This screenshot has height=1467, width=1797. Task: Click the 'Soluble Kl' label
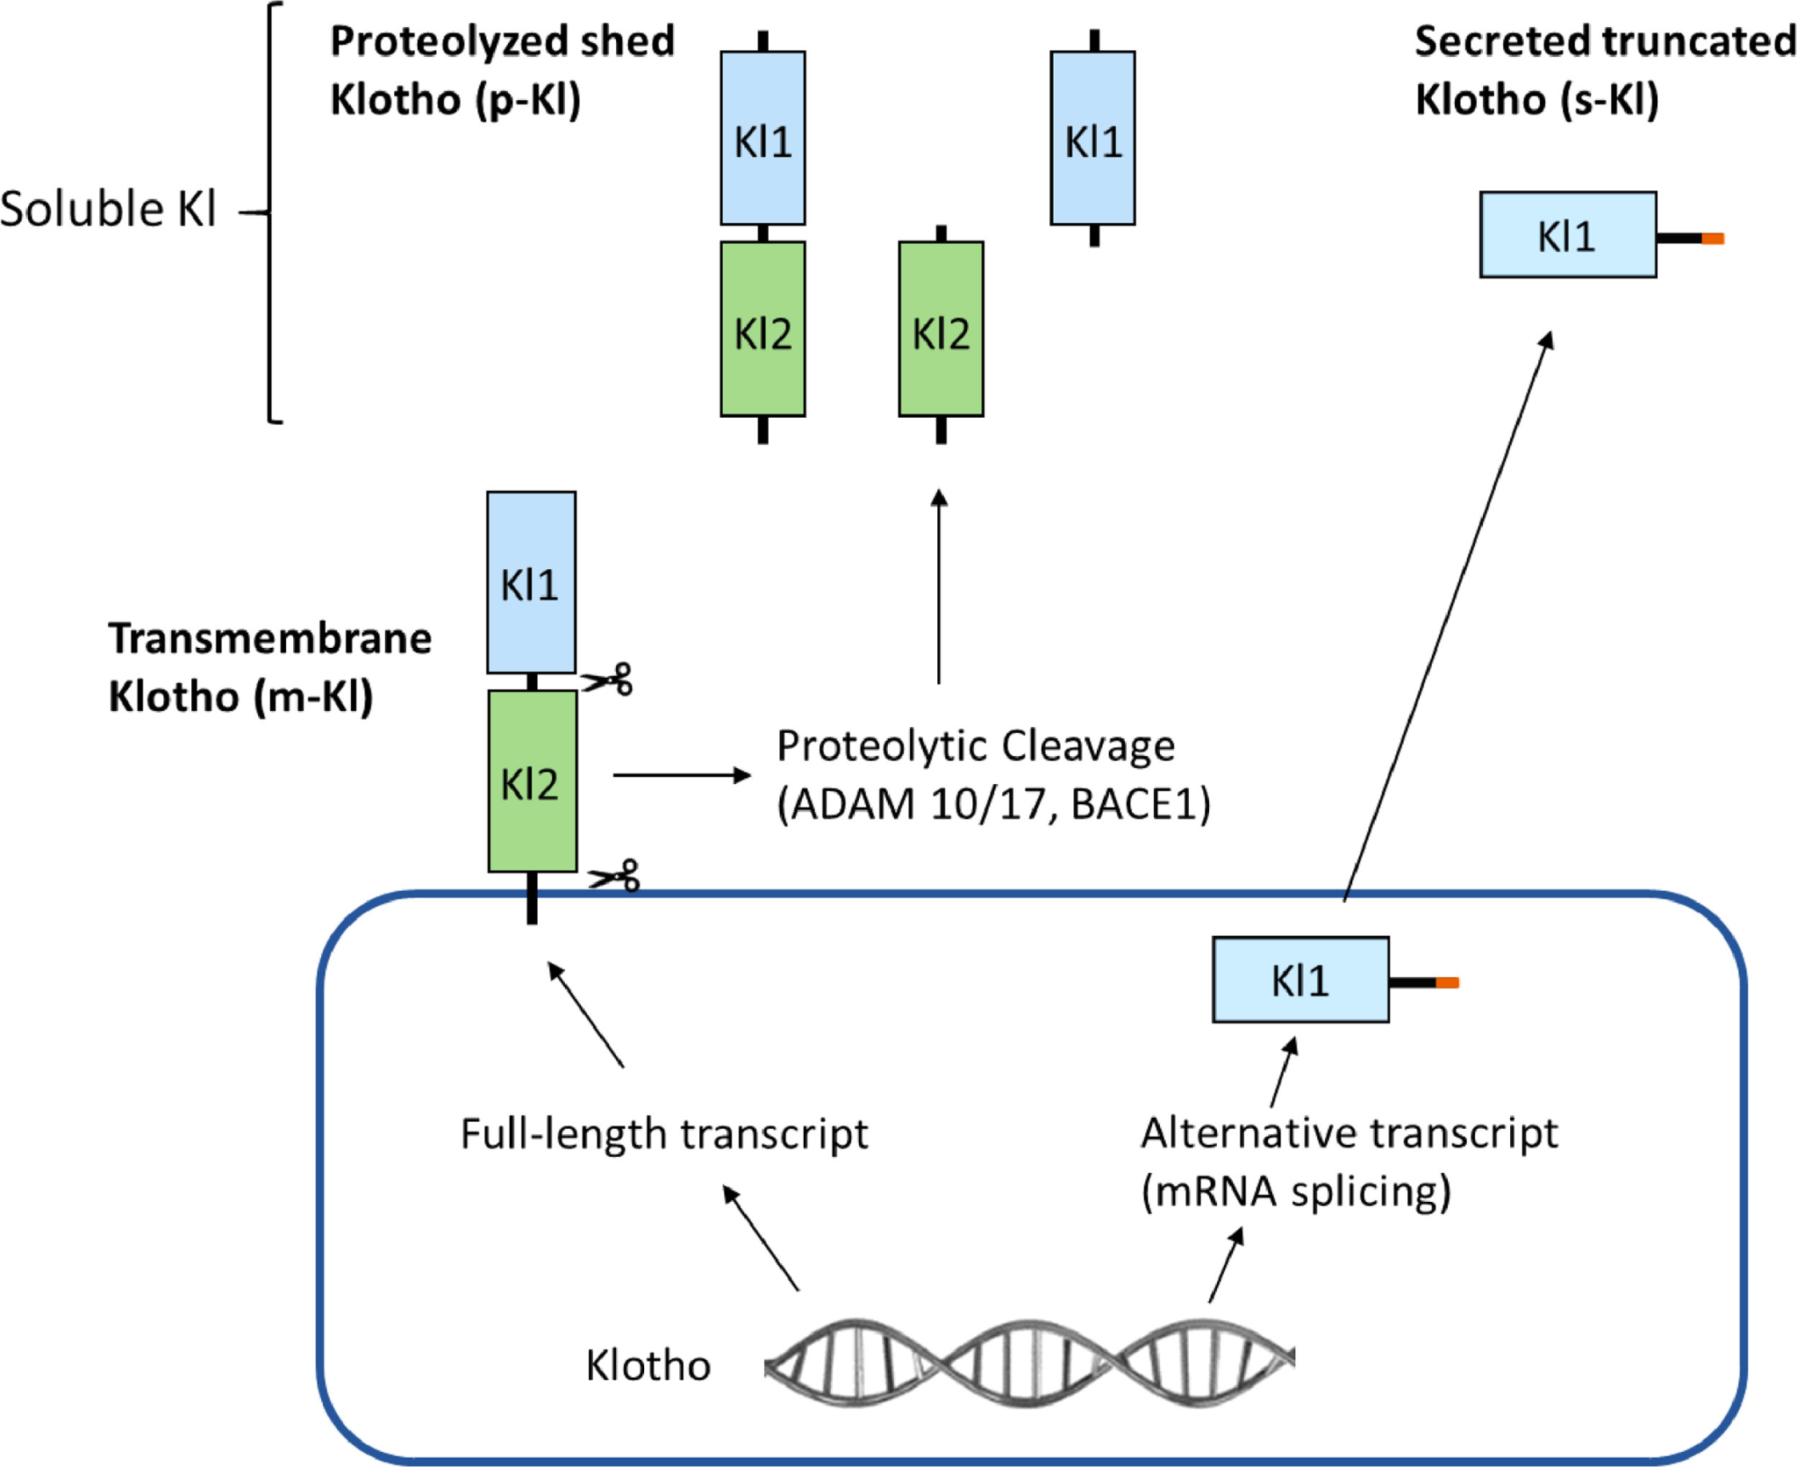(x=108, y=210)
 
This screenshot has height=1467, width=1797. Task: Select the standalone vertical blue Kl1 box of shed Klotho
(x=1092, y=139)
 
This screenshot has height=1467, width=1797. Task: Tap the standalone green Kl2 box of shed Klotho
(x=941, y=329)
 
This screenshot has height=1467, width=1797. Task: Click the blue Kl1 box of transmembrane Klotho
(x=531, y=583)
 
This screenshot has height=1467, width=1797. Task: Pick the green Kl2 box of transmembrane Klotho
(x=532, y=781)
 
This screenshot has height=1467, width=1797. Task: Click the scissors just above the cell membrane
(x=615, y=876)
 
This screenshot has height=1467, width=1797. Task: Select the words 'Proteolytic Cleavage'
(x=975, y=746)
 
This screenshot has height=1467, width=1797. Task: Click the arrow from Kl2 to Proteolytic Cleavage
(x=682, y=775)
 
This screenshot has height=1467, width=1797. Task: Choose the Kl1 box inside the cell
(x=1299, y=980)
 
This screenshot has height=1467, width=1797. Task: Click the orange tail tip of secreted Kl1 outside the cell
(x=1713, y=239)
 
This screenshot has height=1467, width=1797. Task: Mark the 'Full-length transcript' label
(x=664, y=1133)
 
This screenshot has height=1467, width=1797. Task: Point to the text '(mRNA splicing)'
(x=1296, y=1191)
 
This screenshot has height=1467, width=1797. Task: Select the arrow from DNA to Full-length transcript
(x=760, y=1237)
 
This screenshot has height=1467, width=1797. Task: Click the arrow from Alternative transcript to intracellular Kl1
(x=1284, y=1073)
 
